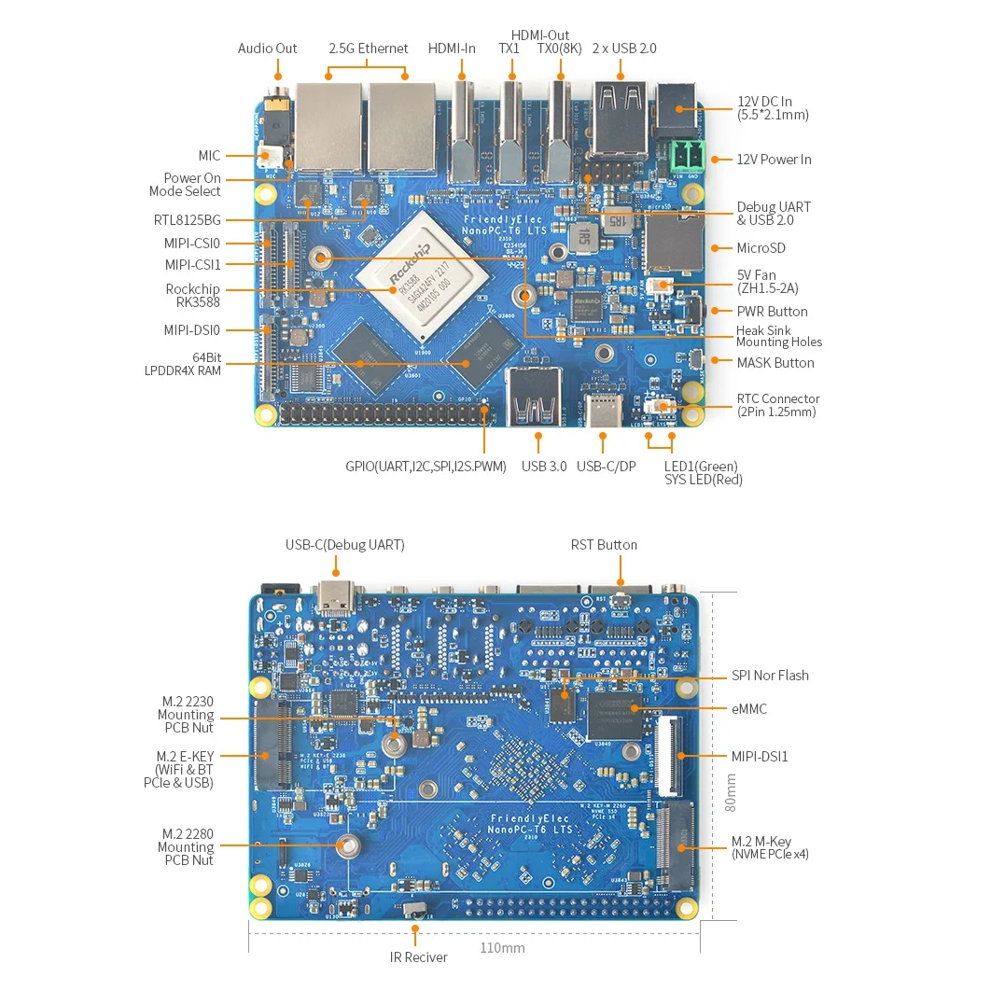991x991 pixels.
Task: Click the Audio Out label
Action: (x=267, y=49)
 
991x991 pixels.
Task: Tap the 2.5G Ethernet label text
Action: (x=368, y=49)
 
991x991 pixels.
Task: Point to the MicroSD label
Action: (x=761, y=248)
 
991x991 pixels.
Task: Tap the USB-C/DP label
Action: (x=606, y=467)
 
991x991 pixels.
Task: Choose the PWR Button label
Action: (x=772, y=312)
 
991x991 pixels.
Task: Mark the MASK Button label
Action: (x=775, y=363)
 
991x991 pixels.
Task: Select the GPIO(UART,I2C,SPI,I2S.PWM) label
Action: (x=426, y=467)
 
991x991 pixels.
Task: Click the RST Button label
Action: (x=604, y=545)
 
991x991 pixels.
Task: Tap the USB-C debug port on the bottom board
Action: (x=335, y=598)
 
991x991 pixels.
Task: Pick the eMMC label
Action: (x=748, y=709)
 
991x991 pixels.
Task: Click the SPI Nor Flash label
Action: (x=770, y=676)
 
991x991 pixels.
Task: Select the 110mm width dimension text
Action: (x=502, y=948)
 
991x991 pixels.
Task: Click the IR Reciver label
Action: (x=418, y=957)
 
